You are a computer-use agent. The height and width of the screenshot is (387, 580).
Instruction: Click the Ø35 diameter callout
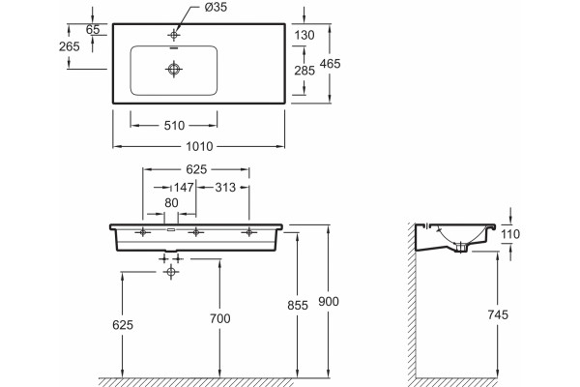click(x=216, y=7)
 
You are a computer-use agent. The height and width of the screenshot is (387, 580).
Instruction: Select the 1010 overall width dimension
click(x=199, y=147)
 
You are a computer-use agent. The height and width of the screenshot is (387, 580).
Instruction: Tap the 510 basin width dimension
click(x=174, y=126)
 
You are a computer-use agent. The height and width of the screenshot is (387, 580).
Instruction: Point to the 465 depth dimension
click(x=330, y=64)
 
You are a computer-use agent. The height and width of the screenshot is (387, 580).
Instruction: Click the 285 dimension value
click(x=304, y=71)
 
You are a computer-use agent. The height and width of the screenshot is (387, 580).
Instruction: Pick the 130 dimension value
click(x=304, y=35)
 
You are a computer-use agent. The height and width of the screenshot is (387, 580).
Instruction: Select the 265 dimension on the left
click(x=70, y=46)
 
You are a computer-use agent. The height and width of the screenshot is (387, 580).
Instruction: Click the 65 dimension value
click(x=93, y=30)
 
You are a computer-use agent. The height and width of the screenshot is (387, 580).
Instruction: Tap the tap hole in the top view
click(x=174, y=35)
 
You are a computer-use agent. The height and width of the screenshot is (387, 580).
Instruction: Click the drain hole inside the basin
click(x=174, y=69)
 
